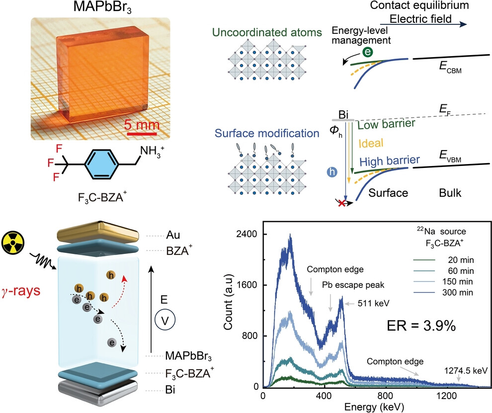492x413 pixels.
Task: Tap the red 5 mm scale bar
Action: pos(141,133)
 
